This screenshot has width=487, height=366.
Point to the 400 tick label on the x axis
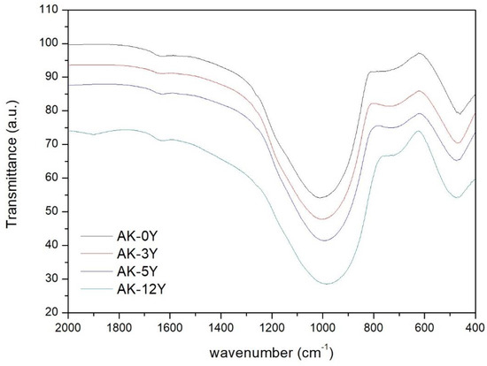coord(475,328)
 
